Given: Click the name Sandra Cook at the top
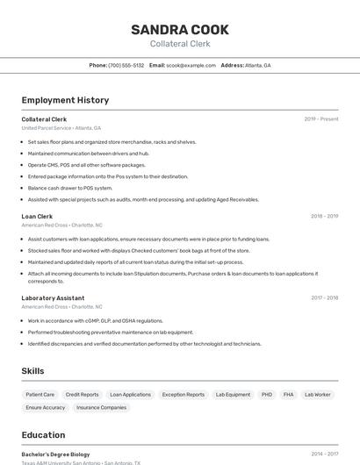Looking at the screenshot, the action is tap(179, 30).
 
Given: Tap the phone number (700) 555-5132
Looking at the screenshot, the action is tap(126, 65).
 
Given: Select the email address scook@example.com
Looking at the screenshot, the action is tap(191, 65).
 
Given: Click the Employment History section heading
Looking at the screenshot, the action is tap(65, 100).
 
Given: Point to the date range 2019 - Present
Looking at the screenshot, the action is tap(321, 118).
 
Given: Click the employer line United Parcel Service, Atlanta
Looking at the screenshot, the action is tap(61, 127).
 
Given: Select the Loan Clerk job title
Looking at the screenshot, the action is tap(37, 216).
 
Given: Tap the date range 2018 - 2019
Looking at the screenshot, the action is tap(324, 216).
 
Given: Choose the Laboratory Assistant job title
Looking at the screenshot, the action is tap(53, 297).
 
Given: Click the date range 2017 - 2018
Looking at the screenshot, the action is tap(324, 297).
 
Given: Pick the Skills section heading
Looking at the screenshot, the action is tap(32, 371).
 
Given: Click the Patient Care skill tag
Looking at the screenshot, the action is tap(40, 395).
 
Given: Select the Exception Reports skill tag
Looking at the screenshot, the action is tap(183, 395).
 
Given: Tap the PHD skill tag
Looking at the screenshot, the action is tap(266, 395).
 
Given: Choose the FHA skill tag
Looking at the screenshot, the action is tap(288, 395).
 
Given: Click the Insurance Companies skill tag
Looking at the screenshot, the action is tap(101, 407).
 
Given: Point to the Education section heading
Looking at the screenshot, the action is tap(43, 434).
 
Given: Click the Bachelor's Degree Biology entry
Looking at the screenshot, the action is tap(55, 454).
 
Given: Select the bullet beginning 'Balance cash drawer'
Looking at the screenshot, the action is tap(70, 188).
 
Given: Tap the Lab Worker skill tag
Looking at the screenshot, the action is tap(317, 395).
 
